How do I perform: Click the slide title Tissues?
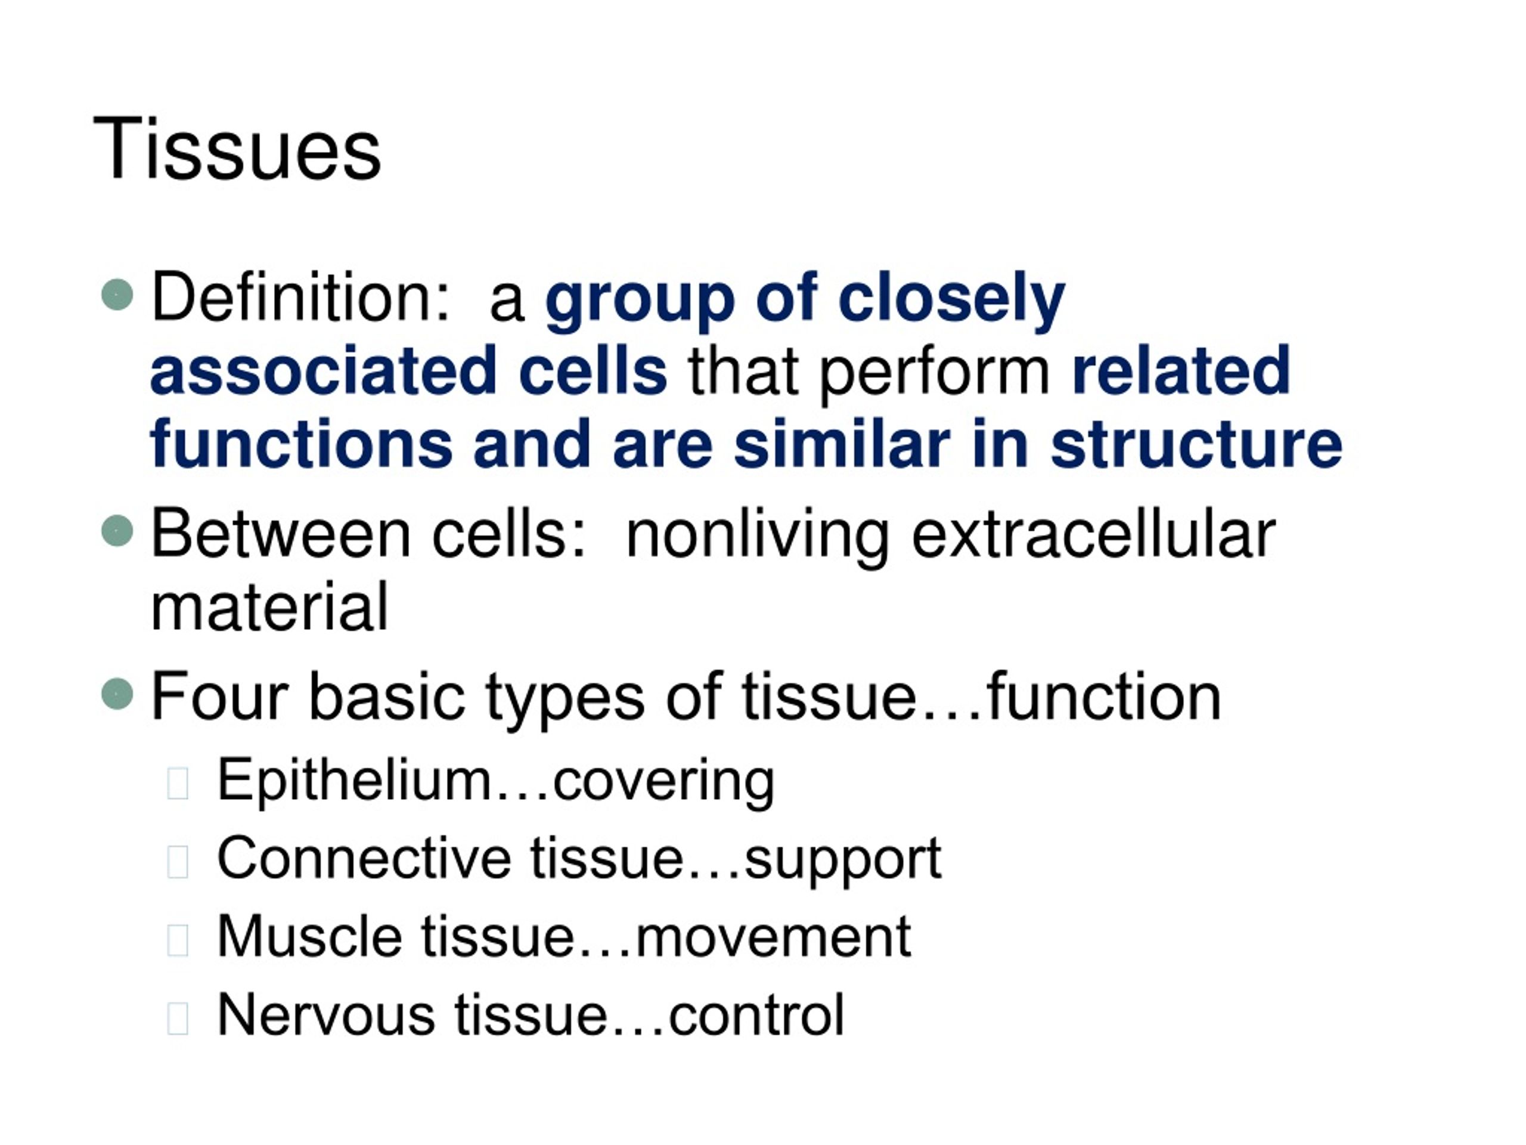click(x=237, y=149)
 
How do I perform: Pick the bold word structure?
click(x=1196, y=445)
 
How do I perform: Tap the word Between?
click(x=281, y=534)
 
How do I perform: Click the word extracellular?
click(x=1093, y=534)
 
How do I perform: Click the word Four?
click(x=219, y=697)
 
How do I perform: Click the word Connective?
click(x=364, y=859)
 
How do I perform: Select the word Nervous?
click(x=325, y=1015)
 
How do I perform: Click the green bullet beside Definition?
click(x=117, y=295)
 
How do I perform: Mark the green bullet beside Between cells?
click(x=117, y=531)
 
